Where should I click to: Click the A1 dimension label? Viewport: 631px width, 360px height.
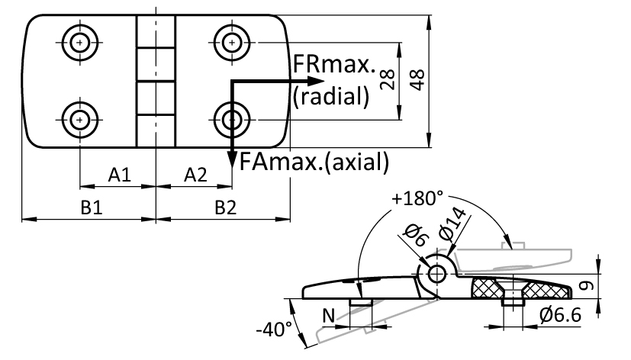coord(120,175)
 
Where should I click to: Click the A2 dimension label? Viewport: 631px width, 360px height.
coord(195,175)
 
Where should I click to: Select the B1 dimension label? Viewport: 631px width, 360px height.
coord(92,208)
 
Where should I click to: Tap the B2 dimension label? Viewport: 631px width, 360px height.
coord(225,208)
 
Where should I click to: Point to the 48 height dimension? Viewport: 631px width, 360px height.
coord(417,80)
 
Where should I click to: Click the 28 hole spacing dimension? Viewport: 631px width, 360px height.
coord(388,80)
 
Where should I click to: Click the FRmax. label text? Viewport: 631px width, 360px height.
coord(334,64)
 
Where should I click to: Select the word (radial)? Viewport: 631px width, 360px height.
coord(331,97)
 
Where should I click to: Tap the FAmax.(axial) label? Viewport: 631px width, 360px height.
coord(314,162)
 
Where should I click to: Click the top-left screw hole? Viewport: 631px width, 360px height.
coord(80,42)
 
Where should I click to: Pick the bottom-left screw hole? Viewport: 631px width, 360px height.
coord(80,120)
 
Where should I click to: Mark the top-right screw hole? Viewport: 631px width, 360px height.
coord(232,42)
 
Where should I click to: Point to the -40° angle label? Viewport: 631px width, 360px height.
coord(274,329)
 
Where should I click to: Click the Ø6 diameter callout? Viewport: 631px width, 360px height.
coord(416,235)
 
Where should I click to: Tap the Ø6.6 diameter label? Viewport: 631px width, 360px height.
coord(561,315)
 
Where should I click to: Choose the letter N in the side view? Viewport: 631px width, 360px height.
coord(329,316)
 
